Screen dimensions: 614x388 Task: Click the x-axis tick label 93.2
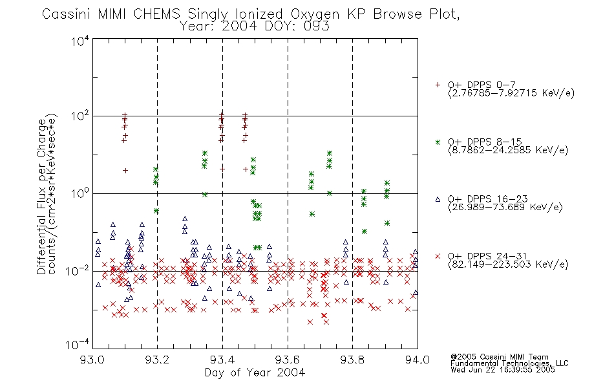pyautogui.click(x=157, y=360)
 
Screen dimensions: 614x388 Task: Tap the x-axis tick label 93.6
pyautogui.click(x=288, y=360)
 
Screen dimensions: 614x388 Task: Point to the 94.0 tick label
pyautogui.click(x=418, y=360)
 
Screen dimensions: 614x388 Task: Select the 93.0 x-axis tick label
pyautogui.click(x=92, y=360)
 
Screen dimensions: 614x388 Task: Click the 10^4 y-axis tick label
pyautogui.click(x=80, y=41)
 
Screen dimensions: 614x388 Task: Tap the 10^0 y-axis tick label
pyautogui.click(x=80, y=194)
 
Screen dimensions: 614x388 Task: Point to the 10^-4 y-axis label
pyautogui.click(x=78, y=345)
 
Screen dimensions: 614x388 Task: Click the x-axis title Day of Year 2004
pyautogui.click(x=255, y=372)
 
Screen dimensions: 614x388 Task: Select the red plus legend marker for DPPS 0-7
pyautogui.click(x=438, y=85)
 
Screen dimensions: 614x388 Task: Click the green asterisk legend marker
pyautogui.click(x=438, y=142)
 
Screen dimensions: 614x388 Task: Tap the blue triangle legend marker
pyautogui.click(x=438, y=199)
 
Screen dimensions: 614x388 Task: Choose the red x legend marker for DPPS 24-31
pyautogui.click(x=438, y=256)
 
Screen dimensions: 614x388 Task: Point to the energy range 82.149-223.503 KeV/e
pyautogui.click(x=508, y=264)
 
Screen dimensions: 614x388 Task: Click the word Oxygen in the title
pyautogui.click(x=315, y=14)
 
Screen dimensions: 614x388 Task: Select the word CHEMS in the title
pyautogui.click(x=156, y=14)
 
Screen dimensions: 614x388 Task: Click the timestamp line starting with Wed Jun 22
pyautogui.click(x=503, y=369)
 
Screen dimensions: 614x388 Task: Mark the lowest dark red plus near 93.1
pyautogui.click(x=125, y=171)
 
